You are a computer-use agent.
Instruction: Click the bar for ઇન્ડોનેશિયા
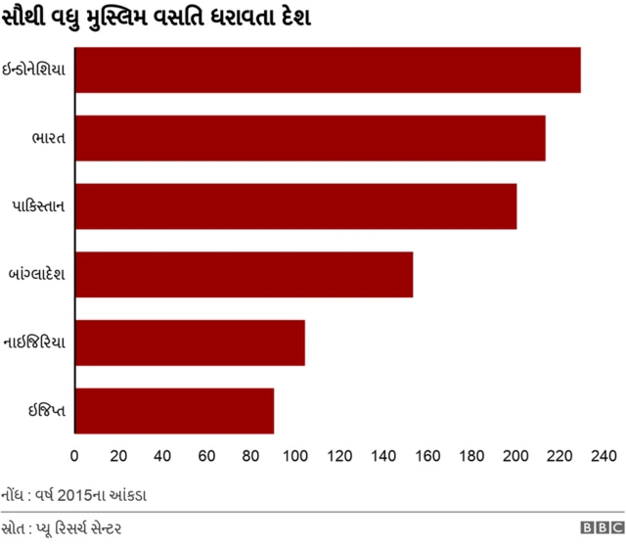click(x=328, y=70)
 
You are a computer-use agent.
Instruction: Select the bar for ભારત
click(x=310, y=138)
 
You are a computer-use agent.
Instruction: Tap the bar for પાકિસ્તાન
click(x=295, y=206)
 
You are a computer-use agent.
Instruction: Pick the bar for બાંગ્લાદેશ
click(x=244, y=275)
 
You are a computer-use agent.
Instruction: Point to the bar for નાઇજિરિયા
click(x=190, y=342)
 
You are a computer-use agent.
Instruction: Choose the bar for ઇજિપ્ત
click(x=174, y=411)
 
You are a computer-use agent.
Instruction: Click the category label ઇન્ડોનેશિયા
click(x=35, y=70)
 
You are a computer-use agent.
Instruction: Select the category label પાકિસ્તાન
click(x=39, y=206)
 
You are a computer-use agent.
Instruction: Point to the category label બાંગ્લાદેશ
click(x=36, y=275)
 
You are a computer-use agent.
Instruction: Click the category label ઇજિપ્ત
click(x=47, y=411)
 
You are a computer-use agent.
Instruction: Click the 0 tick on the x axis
click(x=74, y=455)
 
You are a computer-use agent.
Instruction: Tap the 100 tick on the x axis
click(x=295, y=455)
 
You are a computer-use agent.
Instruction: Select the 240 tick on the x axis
click(x=604, y=455)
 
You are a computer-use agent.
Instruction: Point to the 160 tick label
click(x=427, y=455)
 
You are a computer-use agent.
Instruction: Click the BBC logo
click(x=599, y=527)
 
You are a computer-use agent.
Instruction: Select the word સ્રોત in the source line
click(x=14, y=527)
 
